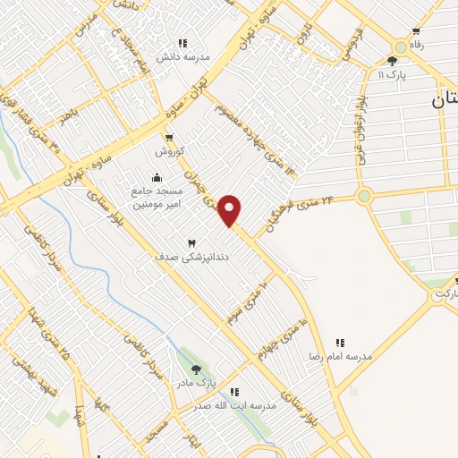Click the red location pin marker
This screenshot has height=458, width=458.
click(x=231, y=210)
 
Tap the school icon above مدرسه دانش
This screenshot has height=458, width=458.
click(x=182, y=43)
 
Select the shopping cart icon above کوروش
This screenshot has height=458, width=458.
click(x=168, y=138)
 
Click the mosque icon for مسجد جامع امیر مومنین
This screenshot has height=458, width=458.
click(x=157, y=176)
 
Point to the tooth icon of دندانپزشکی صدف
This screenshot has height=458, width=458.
click(x=190, y=243)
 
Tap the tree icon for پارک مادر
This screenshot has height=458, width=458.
click(x=196, y=370)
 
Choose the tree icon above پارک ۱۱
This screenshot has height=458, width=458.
click(x=392, y=61)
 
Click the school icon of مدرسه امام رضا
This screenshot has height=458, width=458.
click(x=340, y=343)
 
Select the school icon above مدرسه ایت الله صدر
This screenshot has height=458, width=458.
click(x=234, y=392)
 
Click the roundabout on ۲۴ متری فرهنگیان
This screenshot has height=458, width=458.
click(x=364, y=196)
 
